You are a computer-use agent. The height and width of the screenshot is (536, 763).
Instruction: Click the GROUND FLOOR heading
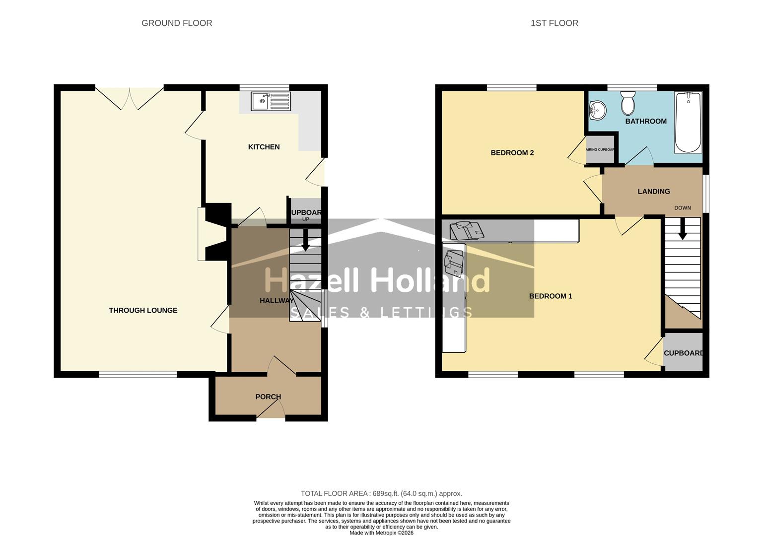coord(177,23)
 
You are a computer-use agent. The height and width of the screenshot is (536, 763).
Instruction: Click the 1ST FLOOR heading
coord(554,23)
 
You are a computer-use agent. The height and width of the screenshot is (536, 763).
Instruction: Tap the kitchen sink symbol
coord(270,102)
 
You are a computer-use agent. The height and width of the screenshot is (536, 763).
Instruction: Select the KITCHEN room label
coord(264,147)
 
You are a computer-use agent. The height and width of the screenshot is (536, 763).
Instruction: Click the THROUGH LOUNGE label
coord(143,310)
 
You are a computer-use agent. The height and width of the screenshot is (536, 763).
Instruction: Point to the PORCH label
coord(268,397)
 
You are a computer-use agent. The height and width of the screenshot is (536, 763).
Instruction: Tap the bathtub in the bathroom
coord(688,122)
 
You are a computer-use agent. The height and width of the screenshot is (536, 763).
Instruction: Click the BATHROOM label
coord(645,121)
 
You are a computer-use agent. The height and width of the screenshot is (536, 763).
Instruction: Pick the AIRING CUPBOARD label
coord(600,149)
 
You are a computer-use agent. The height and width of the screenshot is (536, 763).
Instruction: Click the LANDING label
coord(653,192)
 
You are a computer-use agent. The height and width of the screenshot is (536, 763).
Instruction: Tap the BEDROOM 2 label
coord(512,153)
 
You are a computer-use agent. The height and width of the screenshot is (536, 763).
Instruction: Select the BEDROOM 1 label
coord(551,296)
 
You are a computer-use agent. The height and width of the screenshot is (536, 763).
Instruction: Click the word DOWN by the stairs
coord(682,208)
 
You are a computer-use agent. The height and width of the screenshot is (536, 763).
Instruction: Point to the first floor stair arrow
coord(683,230)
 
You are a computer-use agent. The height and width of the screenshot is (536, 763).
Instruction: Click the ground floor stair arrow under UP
coord(305,240)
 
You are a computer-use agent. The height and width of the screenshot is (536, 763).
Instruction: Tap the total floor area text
coord(381,493)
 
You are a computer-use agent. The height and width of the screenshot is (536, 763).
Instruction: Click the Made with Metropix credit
coord(381,533)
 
